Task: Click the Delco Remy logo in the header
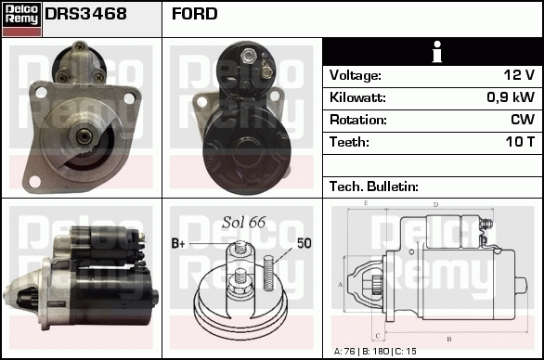point(21,18)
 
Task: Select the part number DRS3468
point(86,15)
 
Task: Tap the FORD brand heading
point(195,15)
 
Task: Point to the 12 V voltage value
point(518,75)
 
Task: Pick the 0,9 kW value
point(512,97)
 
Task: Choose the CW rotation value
point(523,120)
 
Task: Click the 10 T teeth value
point(519,142)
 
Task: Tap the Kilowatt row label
point(357,97)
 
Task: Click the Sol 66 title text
point(243,222)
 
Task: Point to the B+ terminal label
point(180,243)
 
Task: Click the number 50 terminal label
point(304,243)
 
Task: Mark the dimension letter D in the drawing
point(435,205)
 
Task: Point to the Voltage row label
point(355,75)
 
